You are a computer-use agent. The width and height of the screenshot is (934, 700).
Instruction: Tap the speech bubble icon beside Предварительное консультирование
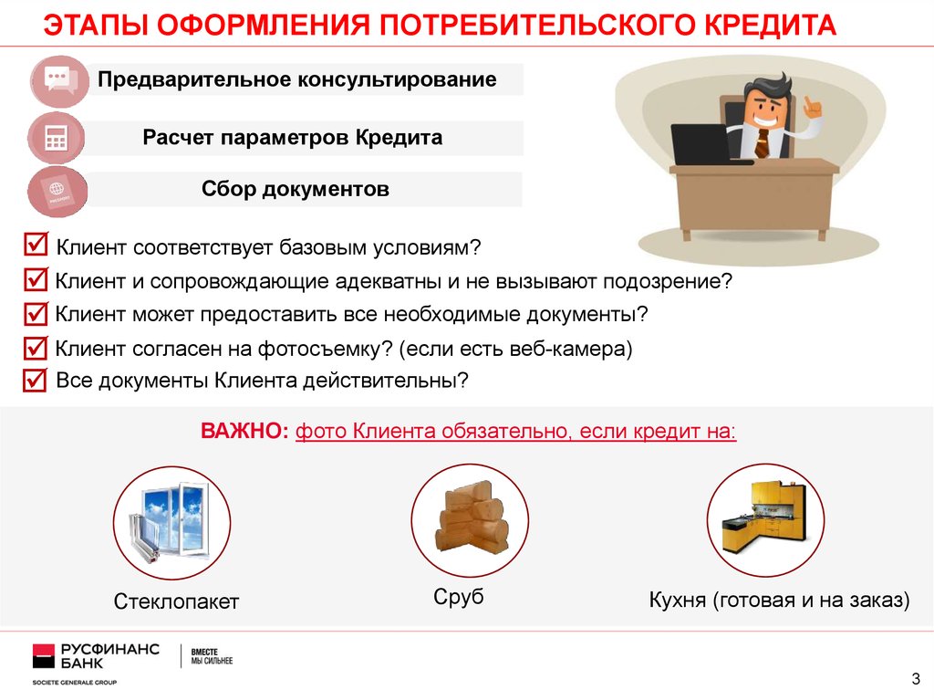[61, 80]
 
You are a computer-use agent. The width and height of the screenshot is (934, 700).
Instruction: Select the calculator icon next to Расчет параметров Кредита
[57, 139]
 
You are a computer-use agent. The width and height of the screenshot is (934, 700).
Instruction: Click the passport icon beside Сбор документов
[58, 192]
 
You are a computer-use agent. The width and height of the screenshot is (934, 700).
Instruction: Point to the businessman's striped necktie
[762, 143]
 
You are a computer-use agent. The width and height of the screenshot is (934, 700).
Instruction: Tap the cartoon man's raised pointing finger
[809, 104]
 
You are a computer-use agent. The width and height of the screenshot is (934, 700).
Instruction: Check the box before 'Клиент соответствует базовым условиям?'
[36, 244]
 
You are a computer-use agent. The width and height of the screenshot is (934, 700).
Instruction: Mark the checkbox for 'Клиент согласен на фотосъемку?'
[36, 348]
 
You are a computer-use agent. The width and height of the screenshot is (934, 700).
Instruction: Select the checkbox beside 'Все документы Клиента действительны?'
[35, 380]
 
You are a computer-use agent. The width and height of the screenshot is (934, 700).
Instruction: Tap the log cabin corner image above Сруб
[472, 517]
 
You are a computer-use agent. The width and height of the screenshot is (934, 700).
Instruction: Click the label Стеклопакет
[176, 601]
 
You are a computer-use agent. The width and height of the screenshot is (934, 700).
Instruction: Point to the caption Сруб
[459, 597]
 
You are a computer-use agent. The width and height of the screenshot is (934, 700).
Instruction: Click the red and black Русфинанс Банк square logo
[44, 656]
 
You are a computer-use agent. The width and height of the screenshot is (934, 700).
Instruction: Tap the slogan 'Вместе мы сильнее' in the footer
[212, 656]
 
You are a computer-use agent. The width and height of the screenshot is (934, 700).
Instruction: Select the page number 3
[916, 678]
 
